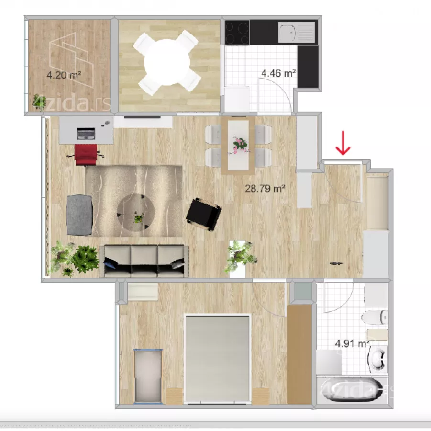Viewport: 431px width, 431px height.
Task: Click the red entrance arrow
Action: point(343,143)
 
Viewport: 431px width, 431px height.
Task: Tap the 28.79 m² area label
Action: point(265,189)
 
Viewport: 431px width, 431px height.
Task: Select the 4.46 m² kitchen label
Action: point(278,73)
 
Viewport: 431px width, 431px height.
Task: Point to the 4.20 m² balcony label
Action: point(64,75)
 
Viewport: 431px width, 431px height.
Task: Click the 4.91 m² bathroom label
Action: point(352,343)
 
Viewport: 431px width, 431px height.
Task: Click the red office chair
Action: point(86,155)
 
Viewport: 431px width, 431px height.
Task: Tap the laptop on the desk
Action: point(86,134)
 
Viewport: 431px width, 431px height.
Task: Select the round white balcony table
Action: point(167,62)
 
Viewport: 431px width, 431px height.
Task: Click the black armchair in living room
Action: point(203,215)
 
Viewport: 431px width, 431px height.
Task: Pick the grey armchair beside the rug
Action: point(79,215)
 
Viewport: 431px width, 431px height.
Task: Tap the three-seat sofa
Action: point(144,261)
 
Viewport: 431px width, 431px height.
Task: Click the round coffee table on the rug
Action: point(136,213)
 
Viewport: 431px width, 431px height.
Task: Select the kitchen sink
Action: point(296,33)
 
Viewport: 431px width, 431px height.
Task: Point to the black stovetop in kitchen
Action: point(237,32)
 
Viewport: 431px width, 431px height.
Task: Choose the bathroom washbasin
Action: point(378,359)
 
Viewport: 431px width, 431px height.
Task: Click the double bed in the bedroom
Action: point(218,359)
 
